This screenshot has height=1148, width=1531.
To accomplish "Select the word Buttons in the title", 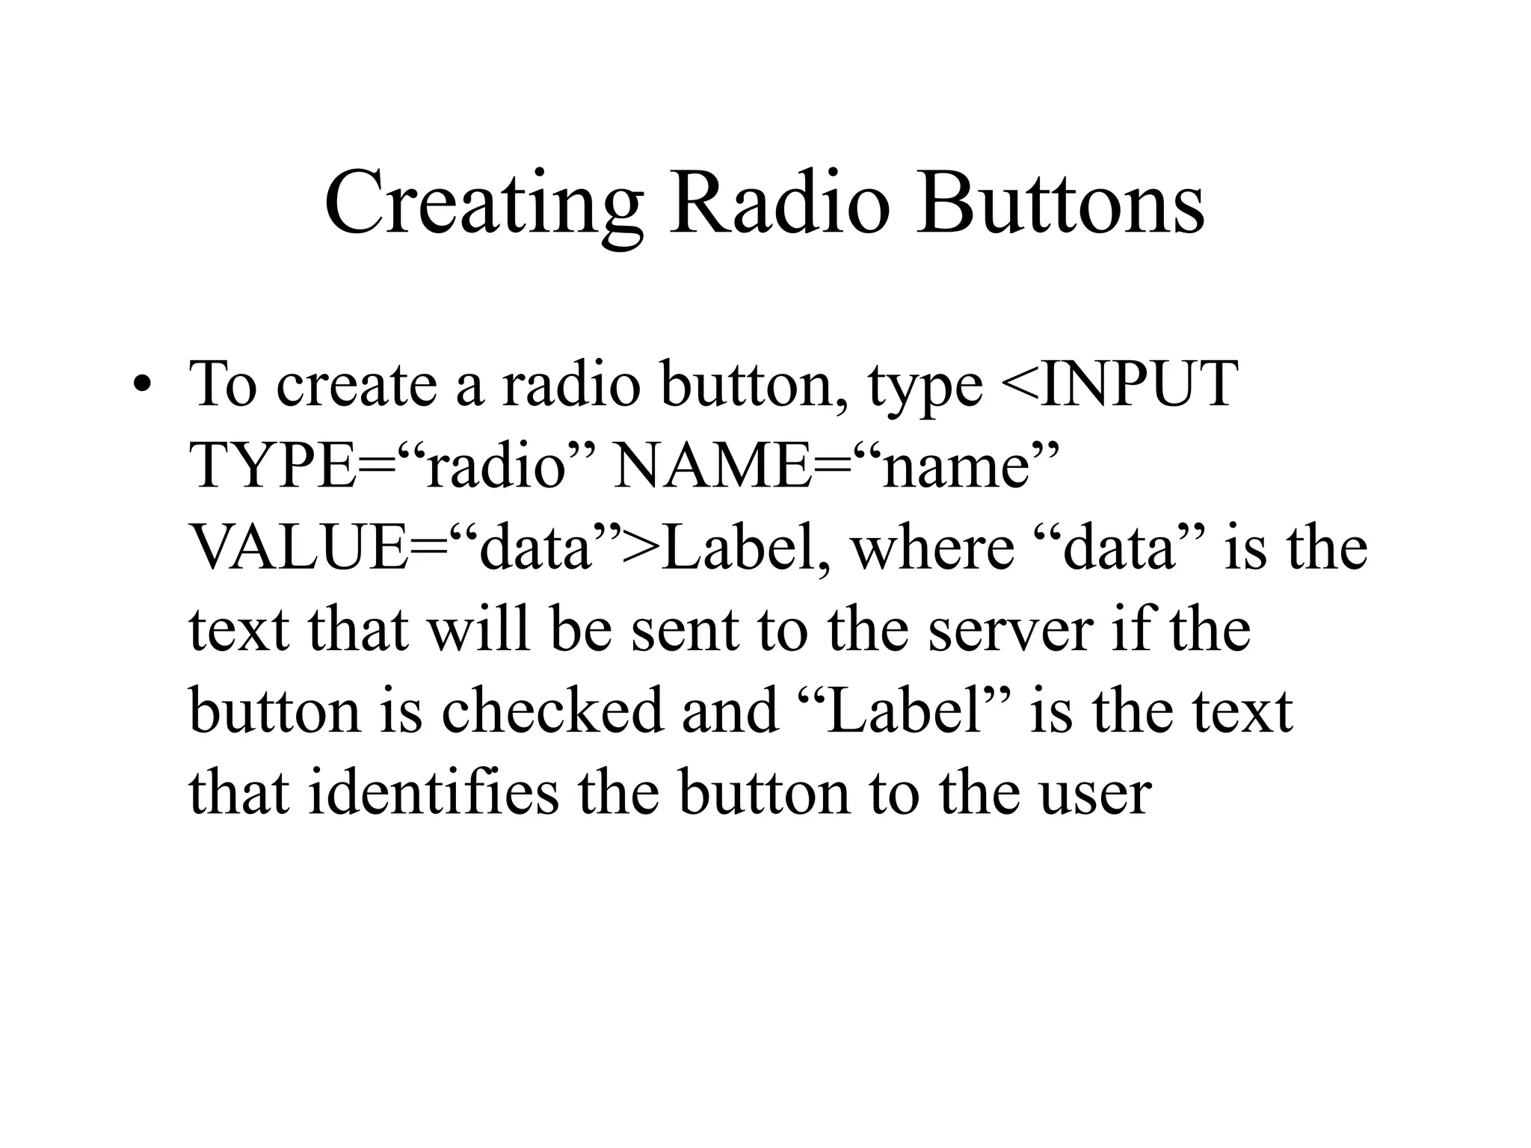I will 1061,203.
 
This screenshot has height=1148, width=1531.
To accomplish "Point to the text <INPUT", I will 1118,384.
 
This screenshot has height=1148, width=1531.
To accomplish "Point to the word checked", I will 552,711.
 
